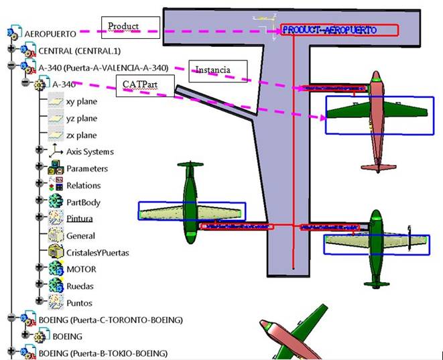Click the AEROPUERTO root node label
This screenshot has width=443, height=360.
pyautogui.click(x=49, y=33)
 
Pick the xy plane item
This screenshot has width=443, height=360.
pyautogui.click(x=81, y=102)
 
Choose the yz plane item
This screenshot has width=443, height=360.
pyautogui.click(x=81, y=119)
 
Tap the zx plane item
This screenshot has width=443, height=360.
pyautogui.click(x=81, y=135)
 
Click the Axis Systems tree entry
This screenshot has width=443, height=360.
pyautogui.click(x=90, y=152)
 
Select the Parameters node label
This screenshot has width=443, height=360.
pyautogui.click(x=87, y=169)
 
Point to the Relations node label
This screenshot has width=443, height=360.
pyautogui.click(x=84, y=186)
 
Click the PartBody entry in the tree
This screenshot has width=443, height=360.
pyautogui.click(x=83, y=202)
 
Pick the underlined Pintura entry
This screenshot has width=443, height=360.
pyautogui.click(x=80, y=219)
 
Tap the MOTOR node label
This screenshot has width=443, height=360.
pyautogui.click(x=81, y=269)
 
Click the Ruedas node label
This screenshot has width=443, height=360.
pyautogui.click(x=80, y=286)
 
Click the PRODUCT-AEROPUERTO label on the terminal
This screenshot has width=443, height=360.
pyautogui.click(x=338, y=30)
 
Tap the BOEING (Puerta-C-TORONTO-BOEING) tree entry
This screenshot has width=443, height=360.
pyautogui.click(x=110, y=320)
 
